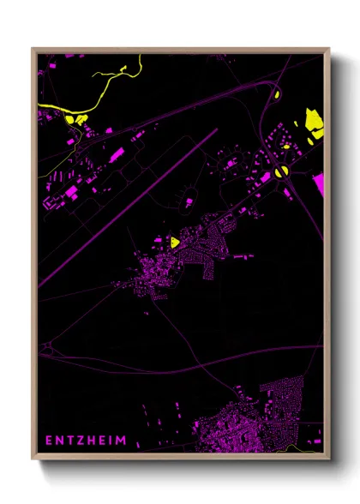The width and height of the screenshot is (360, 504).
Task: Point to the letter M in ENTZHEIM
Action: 123,441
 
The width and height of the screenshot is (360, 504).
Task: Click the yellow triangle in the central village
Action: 174,242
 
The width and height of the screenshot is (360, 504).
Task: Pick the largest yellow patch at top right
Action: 315,125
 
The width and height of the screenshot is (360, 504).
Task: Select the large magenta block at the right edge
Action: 320,182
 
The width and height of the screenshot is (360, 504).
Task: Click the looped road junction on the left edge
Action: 48,350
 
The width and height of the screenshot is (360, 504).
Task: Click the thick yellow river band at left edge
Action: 51,107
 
